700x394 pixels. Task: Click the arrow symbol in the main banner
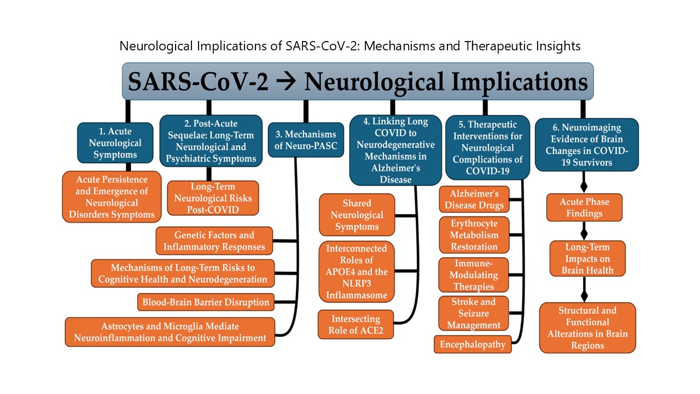point(286,82)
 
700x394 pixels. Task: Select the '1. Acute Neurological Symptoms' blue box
point(115,143)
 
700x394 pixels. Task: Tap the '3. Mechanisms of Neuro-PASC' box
point(306,140)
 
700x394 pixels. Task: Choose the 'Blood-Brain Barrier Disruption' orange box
point(206,302)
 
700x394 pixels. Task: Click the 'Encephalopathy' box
point(472,344)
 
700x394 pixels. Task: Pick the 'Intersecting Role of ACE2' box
point(355,325)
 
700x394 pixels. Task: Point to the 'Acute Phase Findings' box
point(585,207)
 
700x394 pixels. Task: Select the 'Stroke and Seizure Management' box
point(474,314)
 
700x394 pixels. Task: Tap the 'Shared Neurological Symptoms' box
point(357,215)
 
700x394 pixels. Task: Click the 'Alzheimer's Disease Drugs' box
point(474,199)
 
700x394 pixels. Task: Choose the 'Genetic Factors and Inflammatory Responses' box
point(214,241)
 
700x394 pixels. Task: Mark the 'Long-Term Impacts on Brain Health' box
point(587,259)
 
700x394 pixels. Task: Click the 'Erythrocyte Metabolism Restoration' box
point(474,235)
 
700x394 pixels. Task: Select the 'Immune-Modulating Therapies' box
point(474,275)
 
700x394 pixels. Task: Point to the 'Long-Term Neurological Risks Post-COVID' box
point(213,198)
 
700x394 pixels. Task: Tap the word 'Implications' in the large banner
point(520,82)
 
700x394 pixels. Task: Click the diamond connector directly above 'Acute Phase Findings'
point(584,187)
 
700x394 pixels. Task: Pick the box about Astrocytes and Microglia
point(170,332)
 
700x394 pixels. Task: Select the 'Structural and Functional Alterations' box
point(587,328)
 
